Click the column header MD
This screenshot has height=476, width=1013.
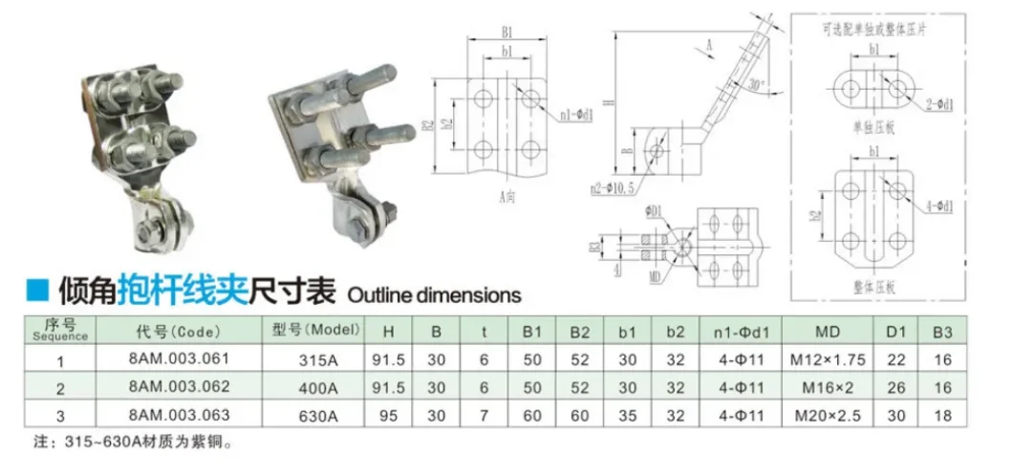[828, 332]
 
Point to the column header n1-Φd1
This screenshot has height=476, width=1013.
[738, 332]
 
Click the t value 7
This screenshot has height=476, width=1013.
[485, 418]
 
